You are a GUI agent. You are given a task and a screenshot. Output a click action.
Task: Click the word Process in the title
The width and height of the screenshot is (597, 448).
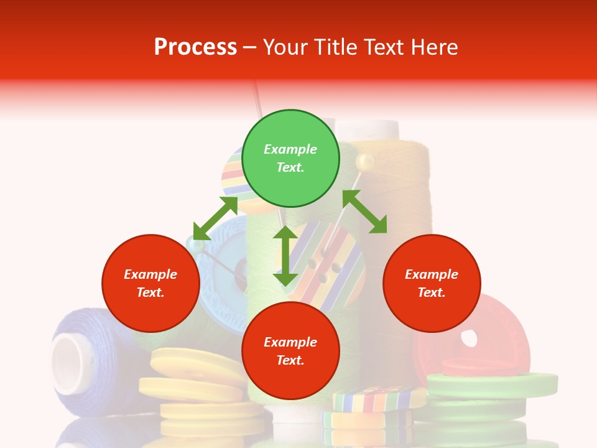(x=195, y=47)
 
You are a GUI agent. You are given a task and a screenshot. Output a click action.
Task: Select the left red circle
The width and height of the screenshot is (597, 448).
(x=150, y=283)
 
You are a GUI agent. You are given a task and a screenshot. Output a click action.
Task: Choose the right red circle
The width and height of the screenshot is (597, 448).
(x=432, y=283)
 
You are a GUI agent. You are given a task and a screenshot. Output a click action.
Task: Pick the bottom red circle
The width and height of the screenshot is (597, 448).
(x=290, y=351)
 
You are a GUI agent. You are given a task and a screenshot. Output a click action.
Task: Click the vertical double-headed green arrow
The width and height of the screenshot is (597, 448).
(x=285, y=256)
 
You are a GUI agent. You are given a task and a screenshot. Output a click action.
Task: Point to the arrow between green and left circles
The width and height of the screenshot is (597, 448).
(x=215, y=218)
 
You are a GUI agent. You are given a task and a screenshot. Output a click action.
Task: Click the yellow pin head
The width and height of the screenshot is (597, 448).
(x=364, y=162)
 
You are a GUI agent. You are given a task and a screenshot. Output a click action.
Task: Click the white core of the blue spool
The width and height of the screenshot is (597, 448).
(x=67, y=363)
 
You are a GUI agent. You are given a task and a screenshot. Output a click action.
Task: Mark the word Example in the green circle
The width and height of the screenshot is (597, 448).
(x=290, y=149)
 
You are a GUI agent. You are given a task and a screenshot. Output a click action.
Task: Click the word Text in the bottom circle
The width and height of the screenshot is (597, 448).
(x=290, y=360)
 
